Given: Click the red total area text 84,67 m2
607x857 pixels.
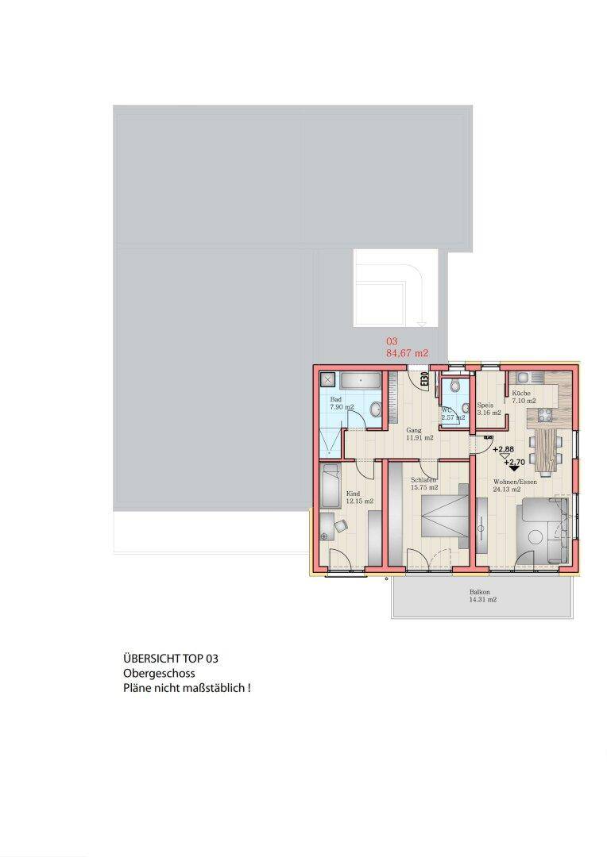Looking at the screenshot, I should coord(407,353).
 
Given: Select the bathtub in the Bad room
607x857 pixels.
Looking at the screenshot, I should coord(361,380).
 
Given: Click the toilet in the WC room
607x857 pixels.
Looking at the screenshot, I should coord(454,386).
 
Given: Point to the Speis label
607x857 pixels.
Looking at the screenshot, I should coord(485,404).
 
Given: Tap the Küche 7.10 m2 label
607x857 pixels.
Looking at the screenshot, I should coord(523,398).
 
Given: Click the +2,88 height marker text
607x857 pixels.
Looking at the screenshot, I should coord(503,449).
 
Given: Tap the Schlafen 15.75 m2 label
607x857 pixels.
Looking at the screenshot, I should coord(425,484).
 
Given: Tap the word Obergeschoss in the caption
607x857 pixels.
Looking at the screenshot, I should coord(159,674).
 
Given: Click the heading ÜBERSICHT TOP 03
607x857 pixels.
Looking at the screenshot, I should coord(171,659).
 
